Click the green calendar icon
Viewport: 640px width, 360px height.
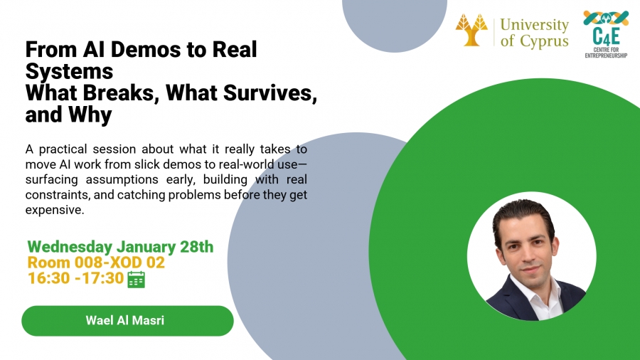point(136,280)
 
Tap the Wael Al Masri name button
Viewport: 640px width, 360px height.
point(127,321)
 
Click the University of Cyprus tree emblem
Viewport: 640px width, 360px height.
point(471,31)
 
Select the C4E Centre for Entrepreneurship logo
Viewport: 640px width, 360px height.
point(605,33)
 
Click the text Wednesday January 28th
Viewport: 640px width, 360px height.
point(120,247)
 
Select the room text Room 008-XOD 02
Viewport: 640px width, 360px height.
point(96,263)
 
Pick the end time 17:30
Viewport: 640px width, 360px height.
point(103,278)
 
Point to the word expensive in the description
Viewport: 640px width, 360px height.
point(54,211)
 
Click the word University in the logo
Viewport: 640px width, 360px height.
point(535,25)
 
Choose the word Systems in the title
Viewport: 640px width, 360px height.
point(69,72)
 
